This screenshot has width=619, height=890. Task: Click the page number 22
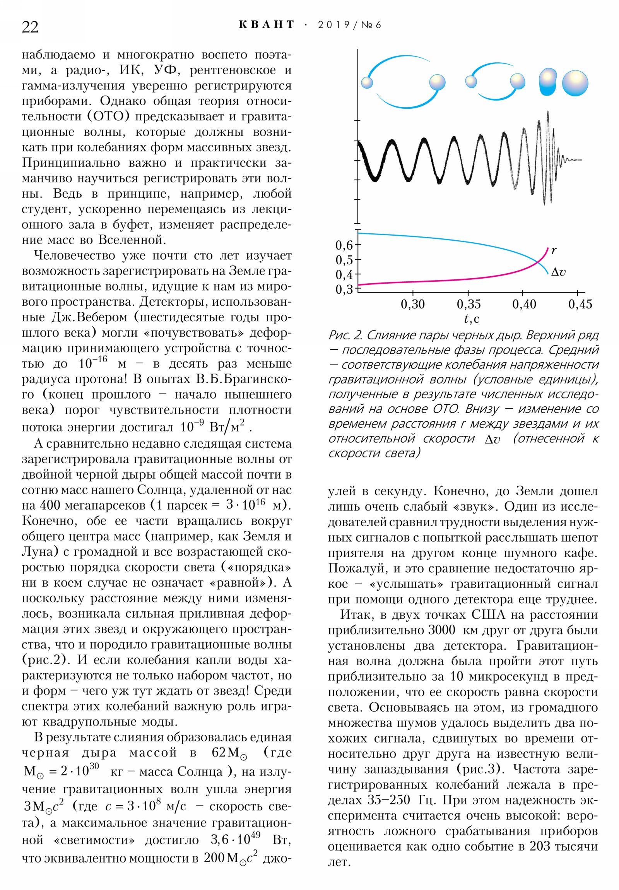coord(30,27)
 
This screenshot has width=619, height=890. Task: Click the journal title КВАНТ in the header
coord(266,25)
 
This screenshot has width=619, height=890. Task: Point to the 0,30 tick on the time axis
coord(412,304)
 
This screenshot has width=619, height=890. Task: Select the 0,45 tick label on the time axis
coord(580,304)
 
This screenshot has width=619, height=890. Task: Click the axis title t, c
coord(471,318)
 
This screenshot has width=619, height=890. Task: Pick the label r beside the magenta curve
coord(554,250)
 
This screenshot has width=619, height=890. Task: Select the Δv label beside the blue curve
coord(558,272)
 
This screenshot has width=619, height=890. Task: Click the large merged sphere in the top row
coord(575,83)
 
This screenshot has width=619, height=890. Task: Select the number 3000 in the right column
coord(441,630)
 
